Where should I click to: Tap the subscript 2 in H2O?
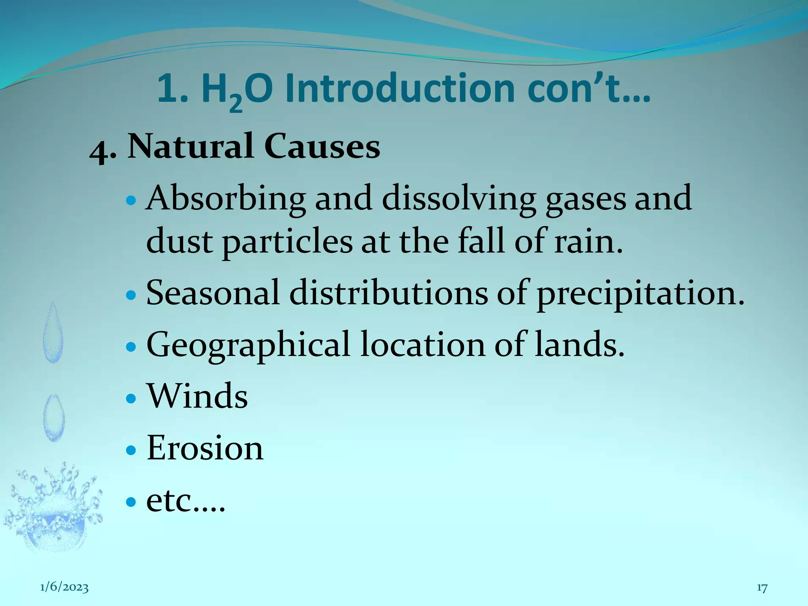[236, 103]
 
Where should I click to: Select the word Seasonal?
[213, 293]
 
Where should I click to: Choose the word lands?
[580, 344]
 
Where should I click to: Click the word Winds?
[197, 396]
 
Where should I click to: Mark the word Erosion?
[205, 448]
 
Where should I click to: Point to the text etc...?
[185, 501]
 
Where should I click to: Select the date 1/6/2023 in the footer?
[64, 587]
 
